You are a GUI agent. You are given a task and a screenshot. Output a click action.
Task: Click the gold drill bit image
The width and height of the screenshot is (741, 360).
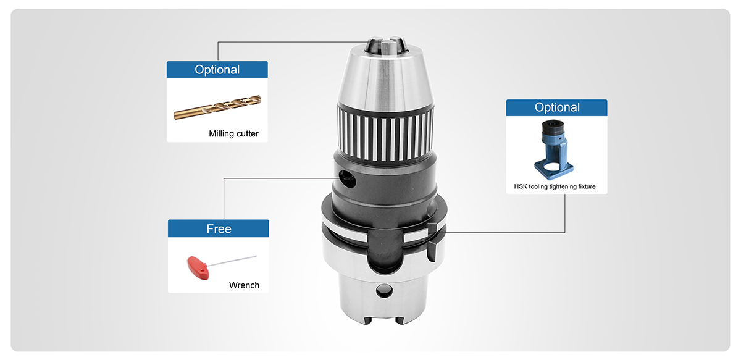tap(217, 107)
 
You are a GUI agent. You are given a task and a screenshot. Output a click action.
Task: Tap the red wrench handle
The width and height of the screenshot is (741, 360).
tap(198, 267)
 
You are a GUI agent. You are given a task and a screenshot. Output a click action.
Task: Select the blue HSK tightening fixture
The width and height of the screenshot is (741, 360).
tap(553, 149)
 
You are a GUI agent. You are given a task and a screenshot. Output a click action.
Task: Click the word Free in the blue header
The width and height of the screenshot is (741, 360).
tap(219, 229)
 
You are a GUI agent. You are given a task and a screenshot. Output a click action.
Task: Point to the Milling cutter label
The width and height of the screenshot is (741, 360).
tap(233, 133)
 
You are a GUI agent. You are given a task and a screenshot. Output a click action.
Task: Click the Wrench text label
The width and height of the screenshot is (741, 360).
tap(244, 285)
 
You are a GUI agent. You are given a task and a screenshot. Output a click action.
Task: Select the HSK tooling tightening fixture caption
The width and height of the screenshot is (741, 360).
tap(555, 186)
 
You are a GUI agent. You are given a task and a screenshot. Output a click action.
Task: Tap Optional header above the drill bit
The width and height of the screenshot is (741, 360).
tap(217, 70)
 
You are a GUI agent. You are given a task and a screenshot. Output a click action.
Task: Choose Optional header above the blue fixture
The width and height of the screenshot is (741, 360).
tap(557, 107)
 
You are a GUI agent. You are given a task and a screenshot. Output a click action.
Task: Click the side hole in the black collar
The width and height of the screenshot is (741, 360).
tap(348, 179)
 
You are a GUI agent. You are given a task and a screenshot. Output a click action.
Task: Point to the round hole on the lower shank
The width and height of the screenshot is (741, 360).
tap(384, 291)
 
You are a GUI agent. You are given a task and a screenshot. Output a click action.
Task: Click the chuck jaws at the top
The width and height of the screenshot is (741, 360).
tap(386, 45)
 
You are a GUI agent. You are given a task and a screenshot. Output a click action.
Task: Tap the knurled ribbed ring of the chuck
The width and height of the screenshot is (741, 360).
tap(386, 133)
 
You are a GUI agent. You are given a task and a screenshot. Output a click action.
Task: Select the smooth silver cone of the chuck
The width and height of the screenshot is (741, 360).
tap(386, 80)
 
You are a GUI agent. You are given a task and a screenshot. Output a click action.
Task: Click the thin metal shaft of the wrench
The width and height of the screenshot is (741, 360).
tap(232, 261)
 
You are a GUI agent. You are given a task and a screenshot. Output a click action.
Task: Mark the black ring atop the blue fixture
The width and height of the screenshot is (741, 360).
tap(553, 127)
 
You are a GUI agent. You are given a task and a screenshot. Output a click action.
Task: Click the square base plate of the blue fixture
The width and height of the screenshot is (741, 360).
tap(554, 169)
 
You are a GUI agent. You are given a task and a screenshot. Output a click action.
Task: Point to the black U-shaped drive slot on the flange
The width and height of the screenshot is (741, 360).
tap(385, 251)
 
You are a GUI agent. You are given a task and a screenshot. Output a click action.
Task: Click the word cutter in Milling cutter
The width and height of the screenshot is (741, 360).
tap(248, 133)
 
